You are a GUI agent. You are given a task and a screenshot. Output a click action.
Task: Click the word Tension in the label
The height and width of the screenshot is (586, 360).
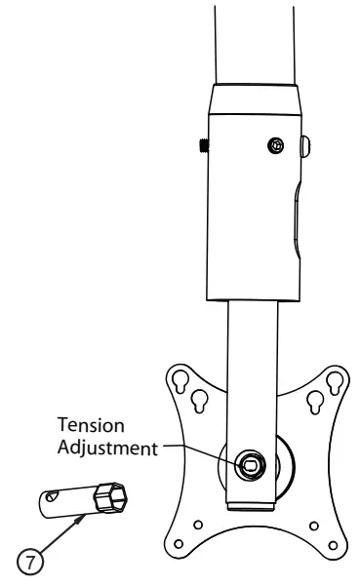point(89,427)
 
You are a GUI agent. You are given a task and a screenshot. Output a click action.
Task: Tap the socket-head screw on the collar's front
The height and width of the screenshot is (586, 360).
point(276,145)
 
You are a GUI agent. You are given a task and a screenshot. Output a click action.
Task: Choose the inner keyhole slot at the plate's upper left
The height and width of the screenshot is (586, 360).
point(199,398)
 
